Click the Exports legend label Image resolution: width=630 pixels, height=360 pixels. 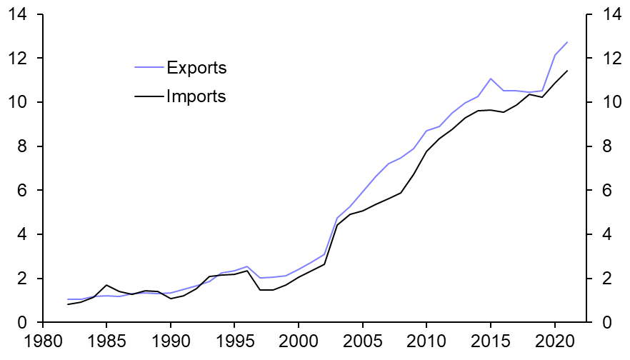(196, 69)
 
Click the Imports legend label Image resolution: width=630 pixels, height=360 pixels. (196, 96)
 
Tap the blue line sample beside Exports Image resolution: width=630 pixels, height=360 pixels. (149, 69)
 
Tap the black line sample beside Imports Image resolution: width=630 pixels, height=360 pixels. (149, 96)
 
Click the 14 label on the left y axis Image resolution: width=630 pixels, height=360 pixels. (15, 14)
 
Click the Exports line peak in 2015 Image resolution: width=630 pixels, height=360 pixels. (491, 79)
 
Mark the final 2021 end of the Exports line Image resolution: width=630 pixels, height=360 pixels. (567, 42)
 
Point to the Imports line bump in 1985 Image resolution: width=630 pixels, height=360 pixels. (106, 285)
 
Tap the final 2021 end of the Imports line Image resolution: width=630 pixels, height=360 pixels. (567, 71)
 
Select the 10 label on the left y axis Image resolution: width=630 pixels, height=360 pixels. (15, 102)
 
